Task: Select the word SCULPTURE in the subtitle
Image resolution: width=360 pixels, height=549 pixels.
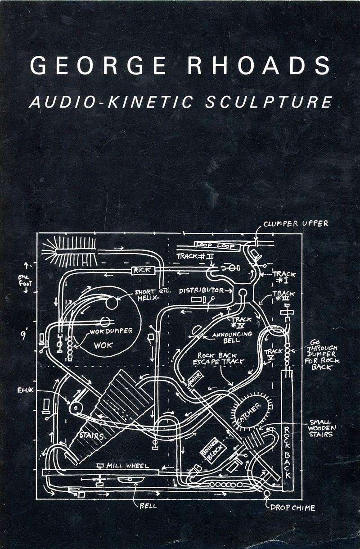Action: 269,102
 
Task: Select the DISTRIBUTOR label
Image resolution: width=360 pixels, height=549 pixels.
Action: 201,291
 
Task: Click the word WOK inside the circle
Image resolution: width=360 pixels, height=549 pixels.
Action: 103,346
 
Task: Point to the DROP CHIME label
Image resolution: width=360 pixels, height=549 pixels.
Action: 293,508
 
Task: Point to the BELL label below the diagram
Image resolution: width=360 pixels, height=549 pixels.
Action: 148,505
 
